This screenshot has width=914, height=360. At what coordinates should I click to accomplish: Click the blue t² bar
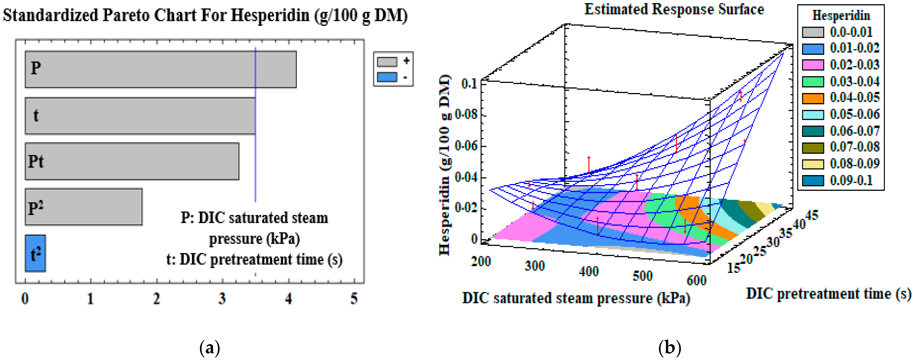coord(35,253)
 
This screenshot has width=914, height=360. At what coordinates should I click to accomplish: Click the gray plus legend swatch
coord(387,62)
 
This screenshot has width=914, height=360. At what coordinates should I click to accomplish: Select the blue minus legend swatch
coord(387,77)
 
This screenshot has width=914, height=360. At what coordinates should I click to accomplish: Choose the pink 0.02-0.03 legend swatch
coord(813,65)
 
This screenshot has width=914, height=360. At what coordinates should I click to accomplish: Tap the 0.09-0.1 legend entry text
coord(851,180)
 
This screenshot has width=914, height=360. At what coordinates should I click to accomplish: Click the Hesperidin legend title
coord(841,16)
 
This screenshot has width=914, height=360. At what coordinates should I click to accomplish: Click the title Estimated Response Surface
coord(674,9)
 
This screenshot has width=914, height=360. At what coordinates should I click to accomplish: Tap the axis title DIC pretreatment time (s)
coord(828,294)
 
